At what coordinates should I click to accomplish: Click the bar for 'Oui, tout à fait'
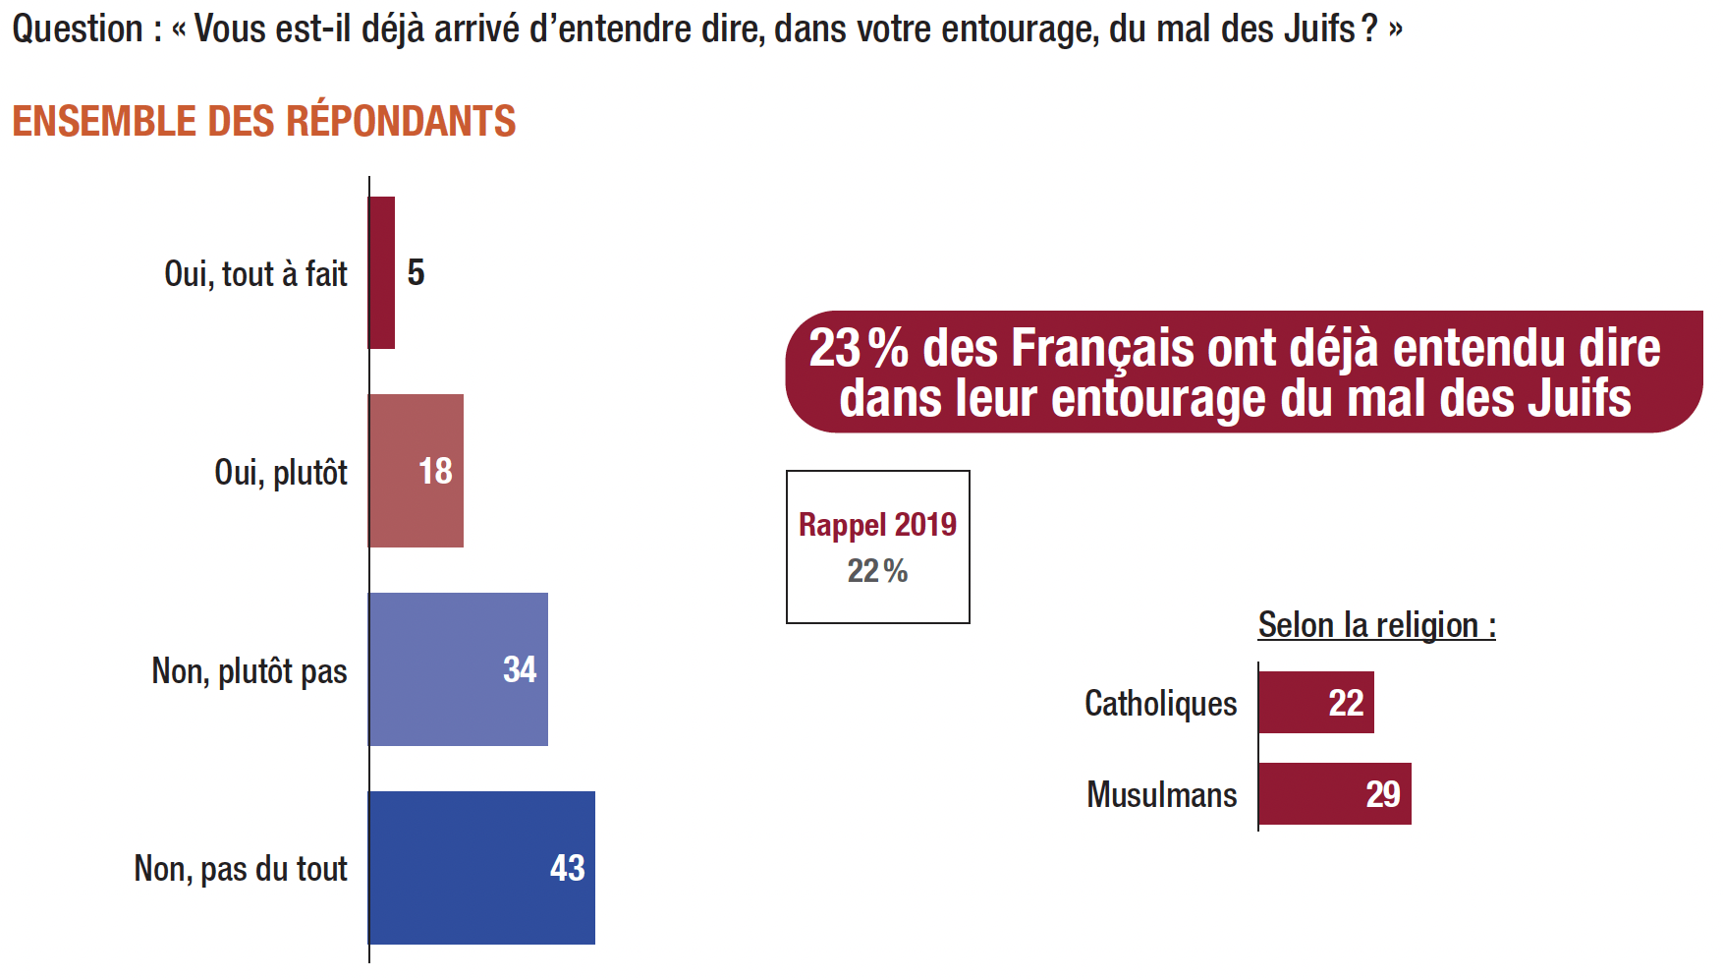coord(381,272)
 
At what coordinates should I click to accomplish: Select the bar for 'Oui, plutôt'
coord(416,471)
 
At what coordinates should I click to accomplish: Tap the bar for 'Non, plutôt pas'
coord(458,669)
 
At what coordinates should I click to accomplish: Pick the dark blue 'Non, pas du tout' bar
coord(481,868)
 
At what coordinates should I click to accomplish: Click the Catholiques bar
coord(1315,703)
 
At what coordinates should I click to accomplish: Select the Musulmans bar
coord(1334,794)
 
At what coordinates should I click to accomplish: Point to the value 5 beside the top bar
coord(416,272)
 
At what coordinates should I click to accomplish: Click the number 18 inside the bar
coord(435,472)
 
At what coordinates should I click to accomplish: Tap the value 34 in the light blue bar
coord(520,670)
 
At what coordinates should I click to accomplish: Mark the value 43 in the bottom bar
coord(567,868)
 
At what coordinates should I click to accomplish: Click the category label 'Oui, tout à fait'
coord(255,274)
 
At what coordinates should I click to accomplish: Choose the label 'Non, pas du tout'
coord(241,869)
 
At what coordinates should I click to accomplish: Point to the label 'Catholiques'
coord(1160,704)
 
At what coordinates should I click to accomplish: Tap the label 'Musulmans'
coord(1161,794)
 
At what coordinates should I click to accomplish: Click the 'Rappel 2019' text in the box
coord(877,525)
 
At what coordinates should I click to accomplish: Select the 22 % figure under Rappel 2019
coord(877,571)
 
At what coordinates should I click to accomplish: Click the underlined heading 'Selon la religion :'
coord(1376,625)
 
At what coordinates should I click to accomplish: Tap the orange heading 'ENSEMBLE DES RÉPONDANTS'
coord(263,121)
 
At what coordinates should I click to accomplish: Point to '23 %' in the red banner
coord(858,349)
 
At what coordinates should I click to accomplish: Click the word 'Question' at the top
coord(78,29)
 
